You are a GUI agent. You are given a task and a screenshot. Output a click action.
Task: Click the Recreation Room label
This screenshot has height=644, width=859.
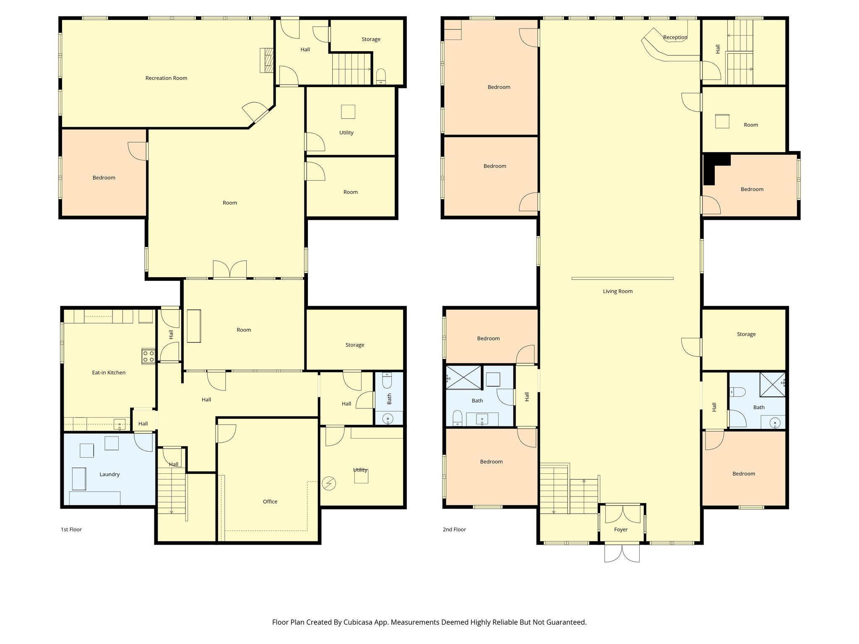coord(166,78)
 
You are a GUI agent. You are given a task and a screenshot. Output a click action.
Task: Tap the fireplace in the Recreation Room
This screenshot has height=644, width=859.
coord(266,60)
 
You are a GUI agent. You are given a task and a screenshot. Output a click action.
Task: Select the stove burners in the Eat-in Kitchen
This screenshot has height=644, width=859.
coord(148,356)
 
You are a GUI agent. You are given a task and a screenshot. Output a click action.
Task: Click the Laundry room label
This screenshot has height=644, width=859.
coord(109,474)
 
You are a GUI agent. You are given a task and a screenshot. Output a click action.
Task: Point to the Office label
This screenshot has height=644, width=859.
coord(270,501)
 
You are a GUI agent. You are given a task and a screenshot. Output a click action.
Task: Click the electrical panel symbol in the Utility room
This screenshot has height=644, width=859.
coord(329,484)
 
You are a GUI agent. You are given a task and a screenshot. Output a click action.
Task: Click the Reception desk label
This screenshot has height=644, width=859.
coord(675,37)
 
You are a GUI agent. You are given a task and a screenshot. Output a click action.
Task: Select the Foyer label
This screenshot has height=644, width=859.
coord(620,530)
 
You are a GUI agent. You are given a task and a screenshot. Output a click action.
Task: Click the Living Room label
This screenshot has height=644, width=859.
coord(617,291)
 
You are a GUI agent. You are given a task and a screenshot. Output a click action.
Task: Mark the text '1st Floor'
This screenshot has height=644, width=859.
coord(71,530)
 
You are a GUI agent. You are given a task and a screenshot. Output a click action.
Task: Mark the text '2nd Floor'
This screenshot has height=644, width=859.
coord(454,530)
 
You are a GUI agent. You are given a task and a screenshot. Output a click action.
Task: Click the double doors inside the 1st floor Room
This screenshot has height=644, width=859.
coord(229,269)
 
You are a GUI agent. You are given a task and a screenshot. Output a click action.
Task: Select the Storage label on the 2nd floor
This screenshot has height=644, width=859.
coord(746,334)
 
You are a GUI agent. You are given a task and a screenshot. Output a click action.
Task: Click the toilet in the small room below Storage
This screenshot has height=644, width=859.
coord(381,76)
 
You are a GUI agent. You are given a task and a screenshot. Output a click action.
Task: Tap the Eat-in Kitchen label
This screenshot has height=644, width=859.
coord(109,372)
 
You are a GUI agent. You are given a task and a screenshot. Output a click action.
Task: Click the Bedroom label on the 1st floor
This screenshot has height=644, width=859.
coord(104,178)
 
